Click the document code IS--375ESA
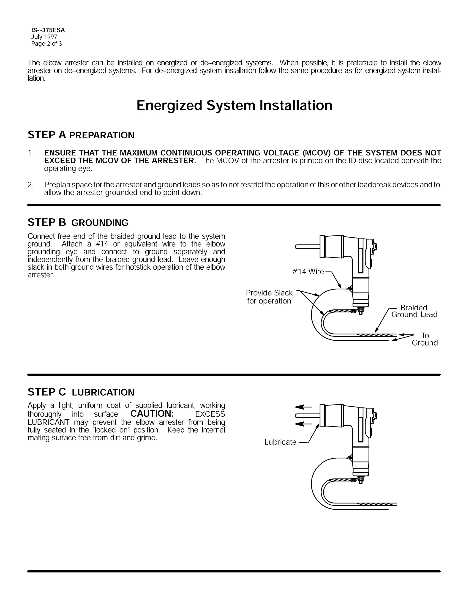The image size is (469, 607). pos(48,30)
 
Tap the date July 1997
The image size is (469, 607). pos(44,37)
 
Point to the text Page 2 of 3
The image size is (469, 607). pos(46,44)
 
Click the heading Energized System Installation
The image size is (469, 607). pos(234,106)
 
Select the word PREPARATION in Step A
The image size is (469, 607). pos(101,135)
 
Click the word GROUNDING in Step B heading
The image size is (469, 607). pos(100,223)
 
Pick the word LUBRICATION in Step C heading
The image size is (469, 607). pos(103,392)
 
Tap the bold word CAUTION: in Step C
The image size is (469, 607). pos(152,413)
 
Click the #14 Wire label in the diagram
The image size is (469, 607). pos(308,271)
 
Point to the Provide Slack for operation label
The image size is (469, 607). pos(269,297)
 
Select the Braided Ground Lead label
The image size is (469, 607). pos(414,311)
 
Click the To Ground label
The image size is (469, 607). pos(425,339)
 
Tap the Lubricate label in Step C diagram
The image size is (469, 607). pos(280,442)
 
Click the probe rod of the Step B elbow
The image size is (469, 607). pos(307,246)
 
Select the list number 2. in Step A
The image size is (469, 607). pos(30,185)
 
